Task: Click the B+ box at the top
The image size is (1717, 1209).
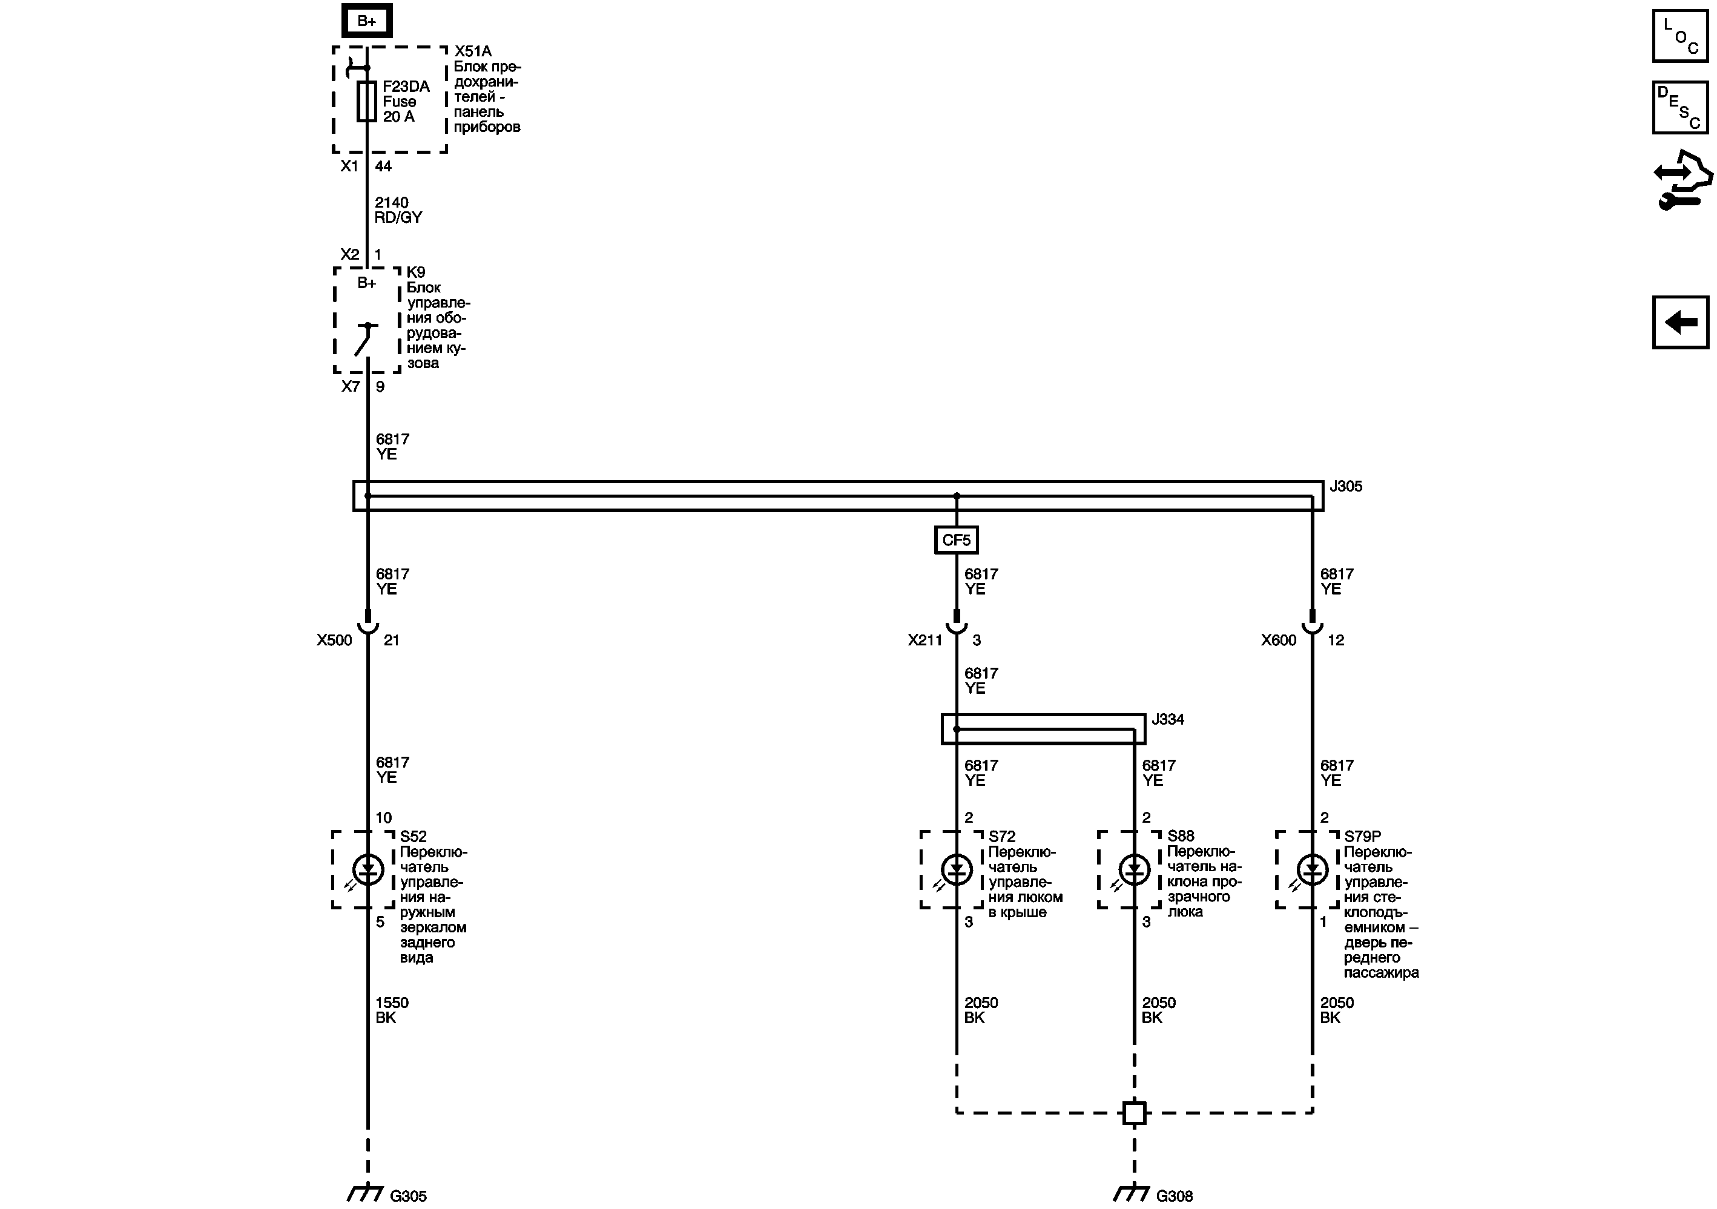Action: click(366, 21)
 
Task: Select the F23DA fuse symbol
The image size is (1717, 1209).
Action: click(366, 102)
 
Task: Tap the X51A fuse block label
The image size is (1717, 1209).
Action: click(473, 51)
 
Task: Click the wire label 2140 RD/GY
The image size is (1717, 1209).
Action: click(398, 210)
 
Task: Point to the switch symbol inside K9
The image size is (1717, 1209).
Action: click(366, 340)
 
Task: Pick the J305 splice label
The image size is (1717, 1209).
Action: click(1345, 486)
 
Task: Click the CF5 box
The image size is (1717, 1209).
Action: click(956, 540)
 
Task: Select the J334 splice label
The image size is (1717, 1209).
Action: click(1167, 719)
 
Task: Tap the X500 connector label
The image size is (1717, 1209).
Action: click(334, 640)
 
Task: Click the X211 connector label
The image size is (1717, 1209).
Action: click(925, 640)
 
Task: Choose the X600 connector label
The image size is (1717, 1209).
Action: click(1278, 640)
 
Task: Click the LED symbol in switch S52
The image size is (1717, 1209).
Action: click(367, 869)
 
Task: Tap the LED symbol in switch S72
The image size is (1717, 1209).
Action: click(957, 869)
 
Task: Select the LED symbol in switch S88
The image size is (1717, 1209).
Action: click(1135, 869)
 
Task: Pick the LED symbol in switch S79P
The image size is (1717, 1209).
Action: click(1312, 869)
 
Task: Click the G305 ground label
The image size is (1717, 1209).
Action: click(408, 1196)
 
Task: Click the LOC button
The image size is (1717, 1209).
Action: click(1679, 35)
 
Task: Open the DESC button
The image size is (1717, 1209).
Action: click(1679, 108)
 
